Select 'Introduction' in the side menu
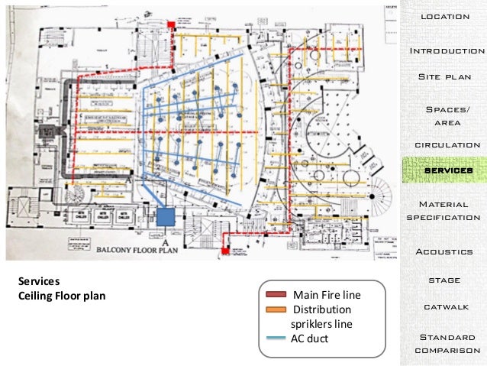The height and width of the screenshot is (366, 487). point(447,51)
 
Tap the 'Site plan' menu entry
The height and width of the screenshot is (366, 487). point(445,77)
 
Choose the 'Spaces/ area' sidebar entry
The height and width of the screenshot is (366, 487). point(447,116)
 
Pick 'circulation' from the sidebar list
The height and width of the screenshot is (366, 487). point(447,144)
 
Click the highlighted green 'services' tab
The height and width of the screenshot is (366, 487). point(446,170)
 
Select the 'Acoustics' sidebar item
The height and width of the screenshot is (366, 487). point(444,251)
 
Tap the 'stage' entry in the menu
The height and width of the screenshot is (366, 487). point(443,280)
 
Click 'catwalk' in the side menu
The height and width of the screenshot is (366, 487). point(444,306)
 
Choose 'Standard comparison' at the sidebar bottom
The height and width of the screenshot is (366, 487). point(447,343)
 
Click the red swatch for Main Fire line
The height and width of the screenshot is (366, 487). point(276,295)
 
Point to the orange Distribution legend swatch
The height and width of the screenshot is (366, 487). point(276,309)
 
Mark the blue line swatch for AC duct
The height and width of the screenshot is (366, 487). point(276,338)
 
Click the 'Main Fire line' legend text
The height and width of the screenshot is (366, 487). point(327,295)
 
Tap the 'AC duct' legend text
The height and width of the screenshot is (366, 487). point(310,338)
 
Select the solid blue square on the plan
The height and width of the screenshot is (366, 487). point(166,218)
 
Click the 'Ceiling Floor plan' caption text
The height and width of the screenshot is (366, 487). point(61,296)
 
